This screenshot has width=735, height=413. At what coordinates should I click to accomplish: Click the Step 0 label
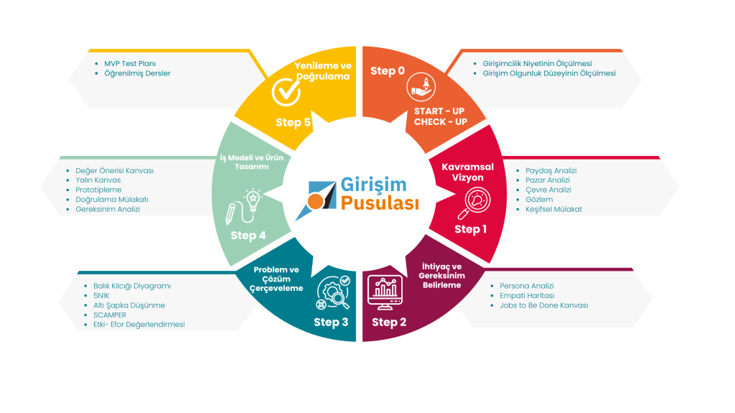[x=387, y=71]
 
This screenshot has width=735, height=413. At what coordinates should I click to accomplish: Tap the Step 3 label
[x=331, y=322]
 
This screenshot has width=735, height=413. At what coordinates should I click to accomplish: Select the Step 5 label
[x=293, y=123]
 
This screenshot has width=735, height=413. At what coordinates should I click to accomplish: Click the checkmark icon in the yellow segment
[x=286, y=91]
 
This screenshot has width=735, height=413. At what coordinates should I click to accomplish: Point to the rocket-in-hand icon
[x=421, y=87]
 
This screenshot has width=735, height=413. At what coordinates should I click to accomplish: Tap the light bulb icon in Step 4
[x=244, y=207]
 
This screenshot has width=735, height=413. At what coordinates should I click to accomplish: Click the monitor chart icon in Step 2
[x=385, y=292]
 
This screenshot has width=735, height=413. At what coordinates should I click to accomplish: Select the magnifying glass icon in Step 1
[x=474, y=203]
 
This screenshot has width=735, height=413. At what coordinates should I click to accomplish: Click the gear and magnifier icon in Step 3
[x=333, y=293]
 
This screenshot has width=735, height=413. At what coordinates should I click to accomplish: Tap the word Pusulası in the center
[x=380, y=203]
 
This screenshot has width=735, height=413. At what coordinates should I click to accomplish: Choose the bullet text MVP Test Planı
[x=130, y=63]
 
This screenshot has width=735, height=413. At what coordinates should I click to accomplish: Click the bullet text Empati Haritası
[x=527, y=296]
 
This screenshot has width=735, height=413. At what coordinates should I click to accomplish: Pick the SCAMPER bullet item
[x=110, y=315]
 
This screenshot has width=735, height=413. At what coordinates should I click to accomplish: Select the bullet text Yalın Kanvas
[x=98, y=180]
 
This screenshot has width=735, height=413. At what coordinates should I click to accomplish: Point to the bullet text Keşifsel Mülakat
[x=553, y=209]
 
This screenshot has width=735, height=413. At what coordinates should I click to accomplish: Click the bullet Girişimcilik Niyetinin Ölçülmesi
[x=537, y=63]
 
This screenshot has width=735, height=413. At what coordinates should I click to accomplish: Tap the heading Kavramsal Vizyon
[x=468, y=172]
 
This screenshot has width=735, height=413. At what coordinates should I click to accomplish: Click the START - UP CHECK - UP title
[x=441, y=116]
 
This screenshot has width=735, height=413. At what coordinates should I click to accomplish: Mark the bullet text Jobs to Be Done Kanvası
[x=544, y=305]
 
